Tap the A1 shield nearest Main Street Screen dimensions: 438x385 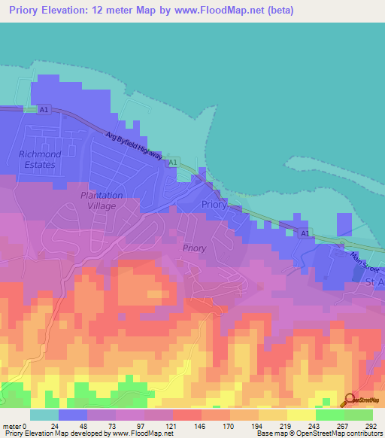coord(305,234)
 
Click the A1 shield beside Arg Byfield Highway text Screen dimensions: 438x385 coord(173,162)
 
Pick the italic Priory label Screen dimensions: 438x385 coord(194,247)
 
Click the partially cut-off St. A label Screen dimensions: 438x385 coord(374,281)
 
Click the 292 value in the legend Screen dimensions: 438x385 coord(371,425)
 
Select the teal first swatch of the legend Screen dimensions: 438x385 coord(44,415)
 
